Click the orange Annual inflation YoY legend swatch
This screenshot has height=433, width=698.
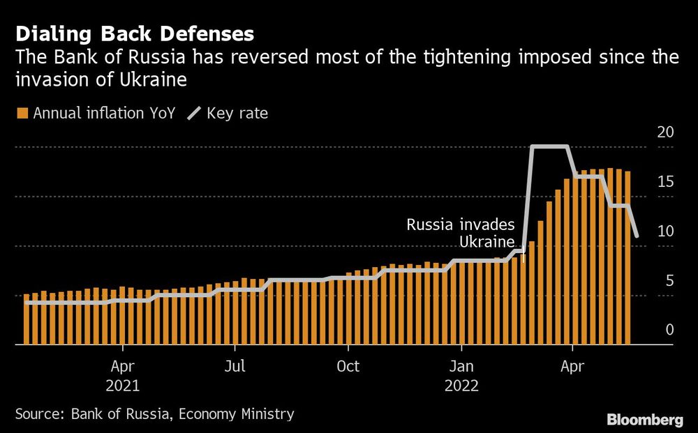(22, 113)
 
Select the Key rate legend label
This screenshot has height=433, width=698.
(237, 113)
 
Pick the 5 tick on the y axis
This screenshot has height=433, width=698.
(669, 281)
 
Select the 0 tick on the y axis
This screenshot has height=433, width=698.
(669, 330)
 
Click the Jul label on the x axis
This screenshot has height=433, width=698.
(235, 366)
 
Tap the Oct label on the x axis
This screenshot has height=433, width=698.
(348, 366)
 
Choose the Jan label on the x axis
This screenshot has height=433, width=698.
(460, 366)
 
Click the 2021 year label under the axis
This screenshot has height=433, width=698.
(123, 386)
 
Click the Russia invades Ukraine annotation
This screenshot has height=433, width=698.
(461, 233)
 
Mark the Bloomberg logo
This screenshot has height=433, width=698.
(644, 420)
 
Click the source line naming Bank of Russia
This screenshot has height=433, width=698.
(154, 413)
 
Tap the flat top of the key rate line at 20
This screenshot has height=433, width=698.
(549, 146)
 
